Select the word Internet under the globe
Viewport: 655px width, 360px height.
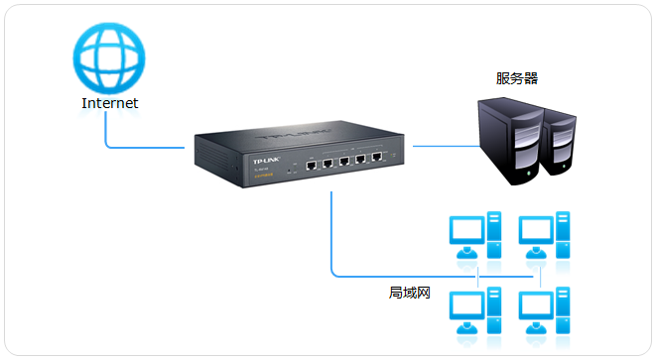[110, 103]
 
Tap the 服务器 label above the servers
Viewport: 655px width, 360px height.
[517, 78]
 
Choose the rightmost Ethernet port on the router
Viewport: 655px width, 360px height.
[377, 159]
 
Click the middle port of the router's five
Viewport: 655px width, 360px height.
[344, 161]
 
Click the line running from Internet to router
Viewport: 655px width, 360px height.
[139, 148]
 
